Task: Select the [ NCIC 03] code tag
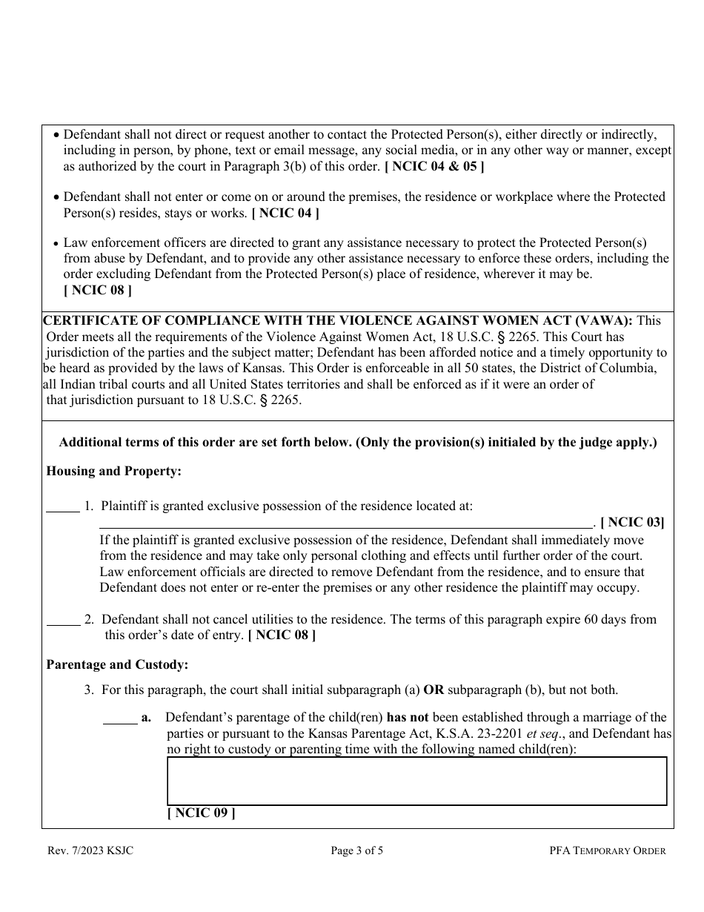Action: pos(632,522)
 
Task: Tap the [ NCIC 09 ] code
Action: pos(202,813)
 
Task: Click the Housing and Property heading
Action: pos(114,471)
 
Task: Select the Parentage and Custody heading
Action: pos(118,665)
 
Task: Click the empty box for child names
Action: pos(416,781)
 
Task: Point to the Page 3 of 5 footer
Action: pos(357,851)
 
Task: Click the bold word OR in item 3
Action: pos(433,690)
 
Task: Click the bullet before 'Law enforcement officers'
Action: pos(57,243)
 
